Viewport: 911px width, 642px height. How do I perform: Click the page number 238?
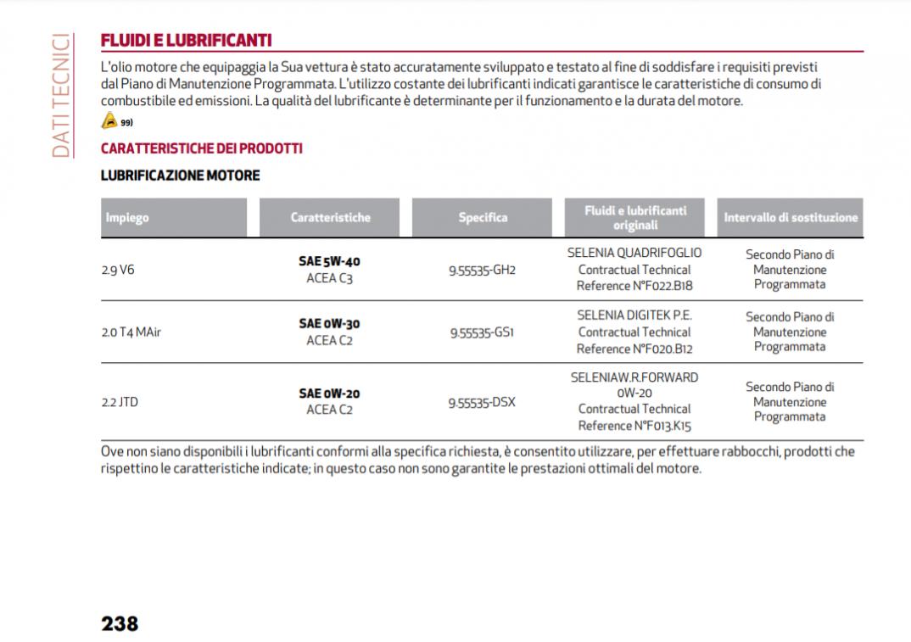pos(120,623)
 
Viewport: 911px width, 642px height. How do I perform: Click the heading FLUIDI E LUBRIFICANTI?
pos(186,40)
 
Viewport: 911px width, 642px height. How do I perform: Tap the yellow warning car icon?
pos(108,121)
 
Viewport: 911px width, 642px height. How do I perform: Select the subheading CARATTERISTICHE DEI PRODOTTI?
pos(201,148)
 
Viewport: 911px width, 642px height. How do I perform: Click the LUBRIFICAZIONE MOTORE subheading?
pos(180,176)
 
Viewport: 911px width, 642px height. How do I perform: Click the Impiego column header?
pos(127,218)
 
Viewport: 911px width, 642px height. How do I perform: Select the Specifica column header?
pos(483,218)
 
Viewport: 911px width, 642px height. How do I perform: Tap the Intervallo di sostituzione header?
pos(791,218)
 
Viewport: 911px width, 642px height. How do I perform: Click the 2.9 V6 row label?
pos(118,270)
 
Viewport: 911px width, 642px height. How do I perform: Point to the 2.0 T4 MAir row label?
pos(131,332)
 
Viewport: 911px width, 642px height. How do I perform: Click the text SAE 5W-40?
pos(335,261)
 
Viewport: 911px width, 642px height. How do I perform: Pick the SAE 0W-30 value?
pos(329,324)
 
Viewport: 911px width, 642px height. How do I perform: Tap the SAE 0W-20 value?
pos(329,394)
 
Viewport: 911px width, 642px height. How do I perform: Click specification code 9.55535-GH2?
pos(482,270)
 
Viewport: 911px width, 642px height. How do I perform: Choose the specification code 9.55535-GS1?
pos(482,332)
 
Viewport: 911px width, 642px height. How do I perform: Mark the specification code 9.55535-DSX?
pos(482,402)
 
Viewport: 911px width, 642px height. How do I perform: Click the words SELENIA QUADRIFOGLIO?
pos(634,253)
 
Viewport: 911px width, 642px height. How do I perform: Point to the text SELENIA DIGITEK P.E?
pos(634,315)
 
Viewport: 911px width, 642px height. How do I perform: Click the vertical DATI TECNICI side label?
pos(60,95)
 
